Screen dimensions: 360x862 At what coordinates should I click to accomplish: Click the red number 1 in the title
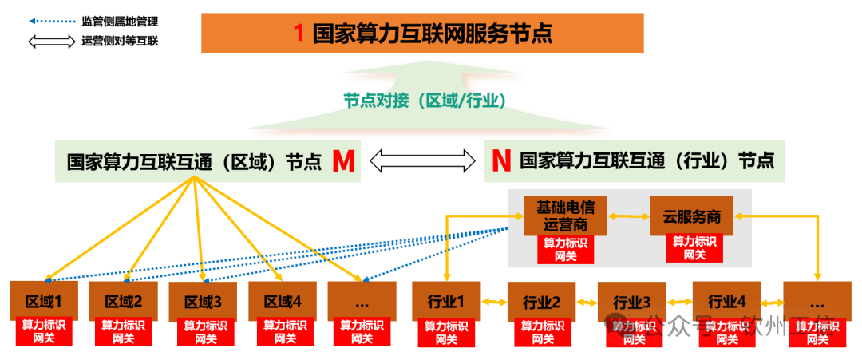point(299,34)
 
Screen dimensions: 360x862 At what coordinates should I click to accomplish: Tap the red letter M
point(343,161)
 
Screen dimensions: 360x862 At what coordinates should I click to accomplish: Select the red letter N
point(500,161)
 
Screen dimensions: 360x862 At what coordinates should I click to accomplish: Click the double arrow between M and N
point(421,161)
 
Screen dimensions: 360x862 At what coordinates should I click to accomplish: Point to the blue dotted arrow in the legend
point(51,22)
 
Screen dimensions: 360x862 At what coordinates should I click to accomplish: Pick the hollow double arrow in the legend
point(51,41)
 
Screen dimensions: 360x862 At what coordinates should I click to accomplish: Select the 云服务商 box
point(691,216)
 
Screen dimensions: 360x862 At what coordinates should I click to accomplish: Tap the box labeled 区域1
point(43,302)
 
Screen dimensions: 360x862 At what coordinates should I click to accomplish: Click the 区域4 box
point(282,302)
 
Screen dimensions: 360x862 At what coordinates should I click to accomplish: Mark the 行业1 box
point(445,301)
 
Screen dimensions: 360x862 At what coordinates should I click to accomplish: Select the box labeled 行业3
point(631,303)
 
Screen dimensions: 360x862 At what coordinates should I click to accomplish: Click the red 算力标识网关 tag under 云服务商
point(694,248)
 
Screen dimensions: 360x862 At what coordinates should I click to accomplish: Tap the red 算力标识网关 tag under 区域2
point(124,332)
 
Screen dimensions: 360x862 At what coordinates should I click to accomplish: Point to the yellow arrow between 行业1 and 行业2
point(493,302)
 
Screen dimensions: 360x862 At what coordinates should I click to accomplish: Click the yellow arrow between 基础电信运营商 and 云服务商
point(628,216)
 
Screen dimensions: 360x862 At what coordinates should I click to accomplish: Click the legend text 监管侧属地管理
point(120,22)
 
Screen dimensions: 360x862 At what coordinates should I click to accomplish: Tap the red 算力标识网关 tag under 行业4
point(726,332)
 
